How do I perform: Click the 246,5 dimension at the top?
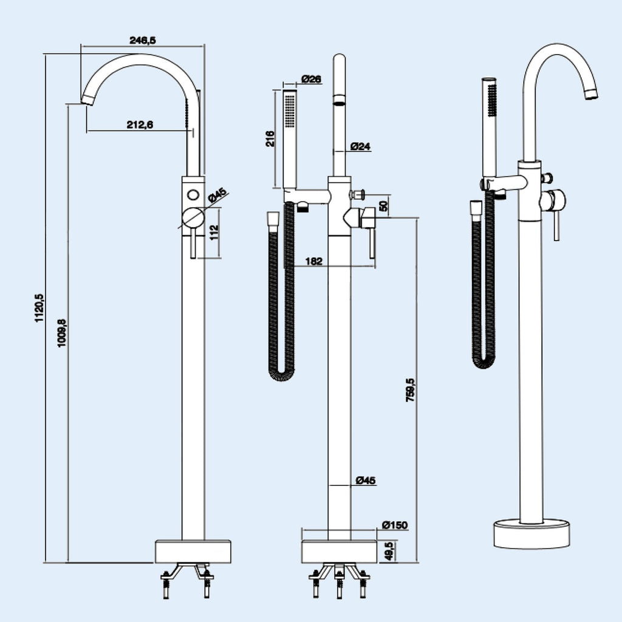click(x=143, y=40)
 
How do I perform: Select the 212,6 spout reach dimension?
click(x=140, y=125)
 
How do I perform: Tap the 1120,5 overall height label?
click(x=39, y=308)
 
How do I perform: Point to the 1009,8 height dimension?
click(x=63, y=333)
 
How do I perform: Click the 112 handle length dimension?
click(x=214, y=232)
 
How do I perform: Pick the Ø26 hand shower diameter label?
click(x=312, y=79)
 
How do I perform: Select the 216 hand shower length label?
click(x=270, y=139)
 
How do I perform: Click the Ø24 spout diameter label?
click(x=361, y=146)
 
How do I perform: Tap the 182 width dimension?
click(x=314, y=261)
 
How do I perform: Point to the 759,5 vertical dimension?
click(x=411, y=391)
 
